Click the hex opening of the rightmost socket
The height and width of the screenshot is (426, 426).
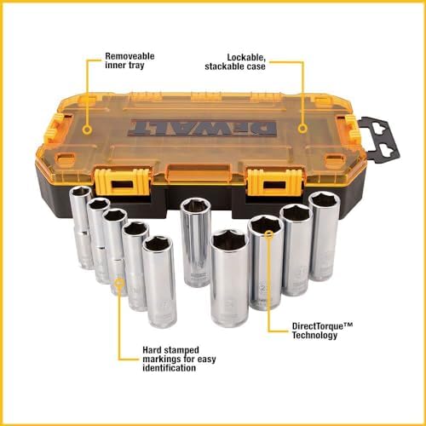click(322, 202)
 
